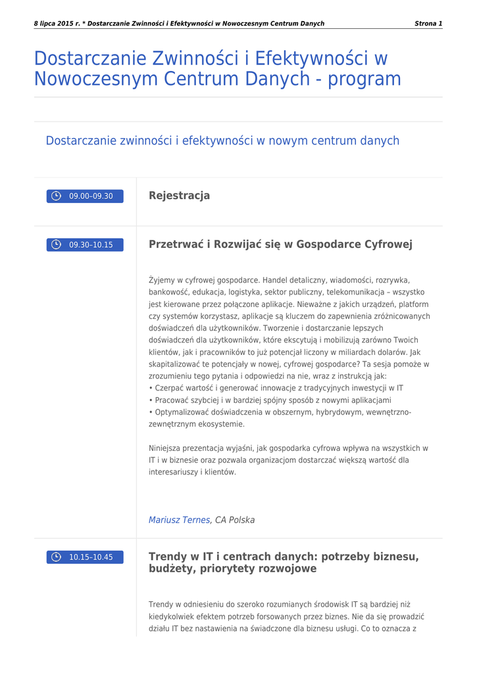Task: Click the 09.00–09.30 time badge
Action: (85, 196)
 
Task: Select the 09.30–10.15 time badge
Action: (85, 245)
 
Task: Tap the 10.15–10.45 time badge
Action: (85, 557)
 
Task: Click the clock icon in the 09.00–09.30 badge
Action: (57, 196)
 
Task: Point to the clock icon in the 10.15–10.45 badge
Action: (57, 557)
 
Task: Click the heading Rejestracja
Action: (179, 195)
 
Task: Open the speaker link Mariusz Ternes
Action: (180, 520)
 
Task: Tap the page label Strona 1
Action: (428, 24)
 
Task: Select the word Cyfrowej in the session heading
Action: (388, 244)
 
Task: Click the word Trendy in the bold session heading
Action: (168, 557)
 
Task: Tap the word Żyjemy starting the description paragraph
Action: (163, 280)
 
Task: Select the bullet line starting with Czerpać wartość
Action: (276, 388)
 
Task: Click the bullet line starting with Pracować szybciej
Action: (270, 400)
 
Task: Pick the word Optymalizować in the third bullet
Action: (184, 412)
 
